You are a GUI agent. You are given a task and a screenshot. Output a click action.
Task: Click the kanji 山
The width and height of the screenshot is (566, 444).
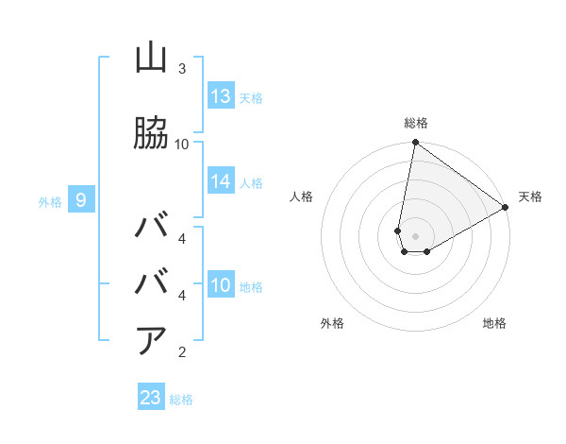(151, 59)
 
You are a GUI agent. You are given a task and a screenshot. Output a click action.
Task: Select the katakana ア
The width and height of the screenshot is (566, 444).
(151, 340)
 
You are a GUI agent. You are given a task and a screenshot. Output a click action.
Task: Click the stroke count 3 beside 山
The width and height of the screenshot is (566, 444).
(181, 69)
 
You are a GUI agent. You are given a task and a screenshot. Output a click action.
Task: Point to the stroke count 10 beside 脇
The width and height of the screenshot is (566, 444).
(182, 144)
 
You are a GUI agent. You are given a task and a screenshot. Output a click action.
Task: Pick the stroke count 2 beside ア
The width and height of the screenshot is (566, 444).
(181, 352)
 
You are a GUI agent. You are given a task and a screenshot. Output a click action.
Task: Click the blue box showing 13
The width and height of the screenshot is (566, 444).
(221, 96)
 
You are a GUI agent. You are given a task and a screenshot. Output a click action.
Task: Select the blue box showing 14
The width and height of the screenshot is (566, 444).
(221, 181)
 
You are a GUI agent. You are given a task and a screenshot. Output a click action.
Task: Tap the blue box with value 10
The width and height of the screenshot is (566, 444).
(221, 285)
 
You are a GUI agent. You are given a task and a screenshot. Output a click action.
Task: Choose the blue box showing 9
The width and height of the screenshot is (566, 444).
(82, 200)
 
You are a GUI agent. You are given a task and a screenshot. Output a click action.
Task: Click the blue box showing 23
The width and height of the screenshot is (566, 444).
(151, 398)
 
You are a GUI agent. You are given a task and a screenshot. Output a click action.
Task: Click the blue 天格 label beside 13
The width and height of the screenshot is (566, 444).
(251, 97)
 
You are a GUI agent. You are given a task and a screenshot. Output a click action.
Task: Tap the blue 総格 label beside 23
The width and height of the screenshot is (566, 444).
(181, 400)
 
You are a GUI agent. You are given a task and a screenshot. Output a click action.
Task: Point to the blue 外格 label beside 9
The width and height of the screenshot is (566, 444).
(50, 201)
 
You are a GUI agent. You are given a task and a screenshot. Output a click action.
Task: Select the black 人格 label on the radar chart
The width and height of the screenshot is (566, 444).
(302, 196)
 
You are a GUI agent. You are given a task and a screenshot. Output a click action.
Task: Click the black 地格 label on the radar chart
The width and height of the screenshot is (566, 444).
(494, 323)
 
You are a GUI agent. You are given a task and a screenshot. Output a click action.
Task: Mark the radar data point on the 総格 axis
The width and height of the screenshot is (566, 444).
(415, 143)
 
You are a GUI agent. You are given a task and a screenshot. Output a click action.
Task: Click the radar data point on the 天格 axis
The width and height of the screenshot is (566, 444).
(506, 208)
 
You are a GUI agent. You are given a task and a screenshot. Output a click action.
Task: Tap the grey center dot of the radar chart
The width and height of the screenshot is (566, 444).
(415, 236)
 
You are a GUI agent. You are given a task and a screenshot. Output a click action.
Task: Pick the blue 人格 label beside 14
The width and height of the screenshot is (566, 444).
(251, 182)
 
